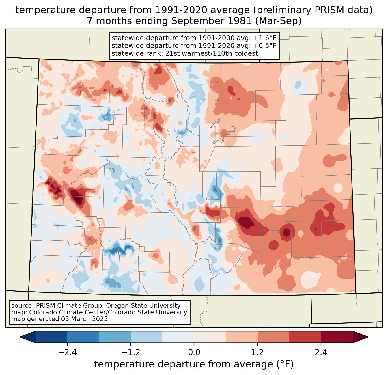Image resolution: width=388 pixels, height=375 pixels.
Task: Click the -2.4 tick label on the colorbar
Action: coord(67,352)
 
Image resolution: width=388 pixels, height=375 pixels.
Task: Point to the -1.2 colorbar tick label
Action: coord(130,352)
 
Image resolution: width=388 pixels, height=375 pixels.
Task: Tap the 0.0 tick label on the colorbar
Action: coord(194,352)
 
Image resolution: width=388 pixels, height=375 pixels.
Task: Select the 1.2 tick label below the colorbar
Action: coord(258,352)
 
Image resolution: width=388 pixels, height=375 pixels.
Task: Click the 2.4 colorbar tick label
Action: coord(321,352)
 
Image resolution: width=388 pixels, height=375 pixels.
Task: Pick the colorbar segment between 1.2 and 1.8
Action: coord(273,337)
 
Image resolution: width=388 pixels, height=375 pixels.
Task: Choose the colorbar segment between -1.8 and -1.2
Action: coord(115,337)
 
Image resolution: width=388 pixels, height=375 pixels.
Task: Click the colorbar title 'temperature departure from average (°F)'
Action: coord(194,364)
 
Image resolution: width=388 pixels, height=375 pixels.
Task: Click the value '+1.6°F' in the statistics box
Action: coord(264,38)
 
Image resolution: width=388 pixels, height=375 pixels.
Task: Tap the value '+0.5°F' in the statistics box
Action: coord(264,46)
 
